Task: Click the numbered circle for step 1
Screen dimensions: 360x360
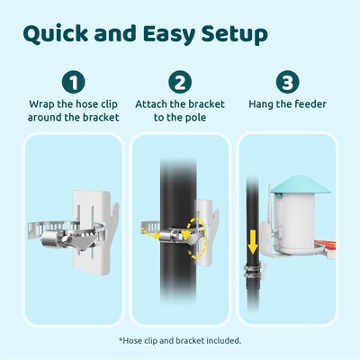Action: point(74,82)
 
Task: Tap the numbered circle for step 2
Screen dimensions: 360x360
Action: point(180,82)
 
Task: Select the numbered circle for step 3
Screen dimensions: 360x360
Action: point(287,82)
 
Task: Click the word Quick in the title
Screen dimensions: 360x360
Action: point(56,33)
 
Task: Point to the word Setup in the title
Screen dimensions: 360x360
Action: point(234,34)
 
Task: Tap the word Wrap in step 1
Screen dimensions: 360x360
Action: point(41,104)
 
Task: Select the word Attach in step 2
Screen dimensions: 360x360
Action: point(151,104)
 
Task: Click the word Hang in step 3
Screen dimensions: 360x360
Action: point(261,104)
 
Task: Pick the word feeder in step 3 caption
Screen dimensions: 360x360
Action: point(310,104)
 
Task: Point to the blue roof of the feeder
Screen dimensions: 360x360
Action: point(301,184)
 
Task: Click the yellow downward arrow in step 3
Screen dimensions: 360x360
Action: point(253,242)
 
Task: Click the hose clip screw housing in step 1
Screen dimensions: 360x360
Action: point(51,238)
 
